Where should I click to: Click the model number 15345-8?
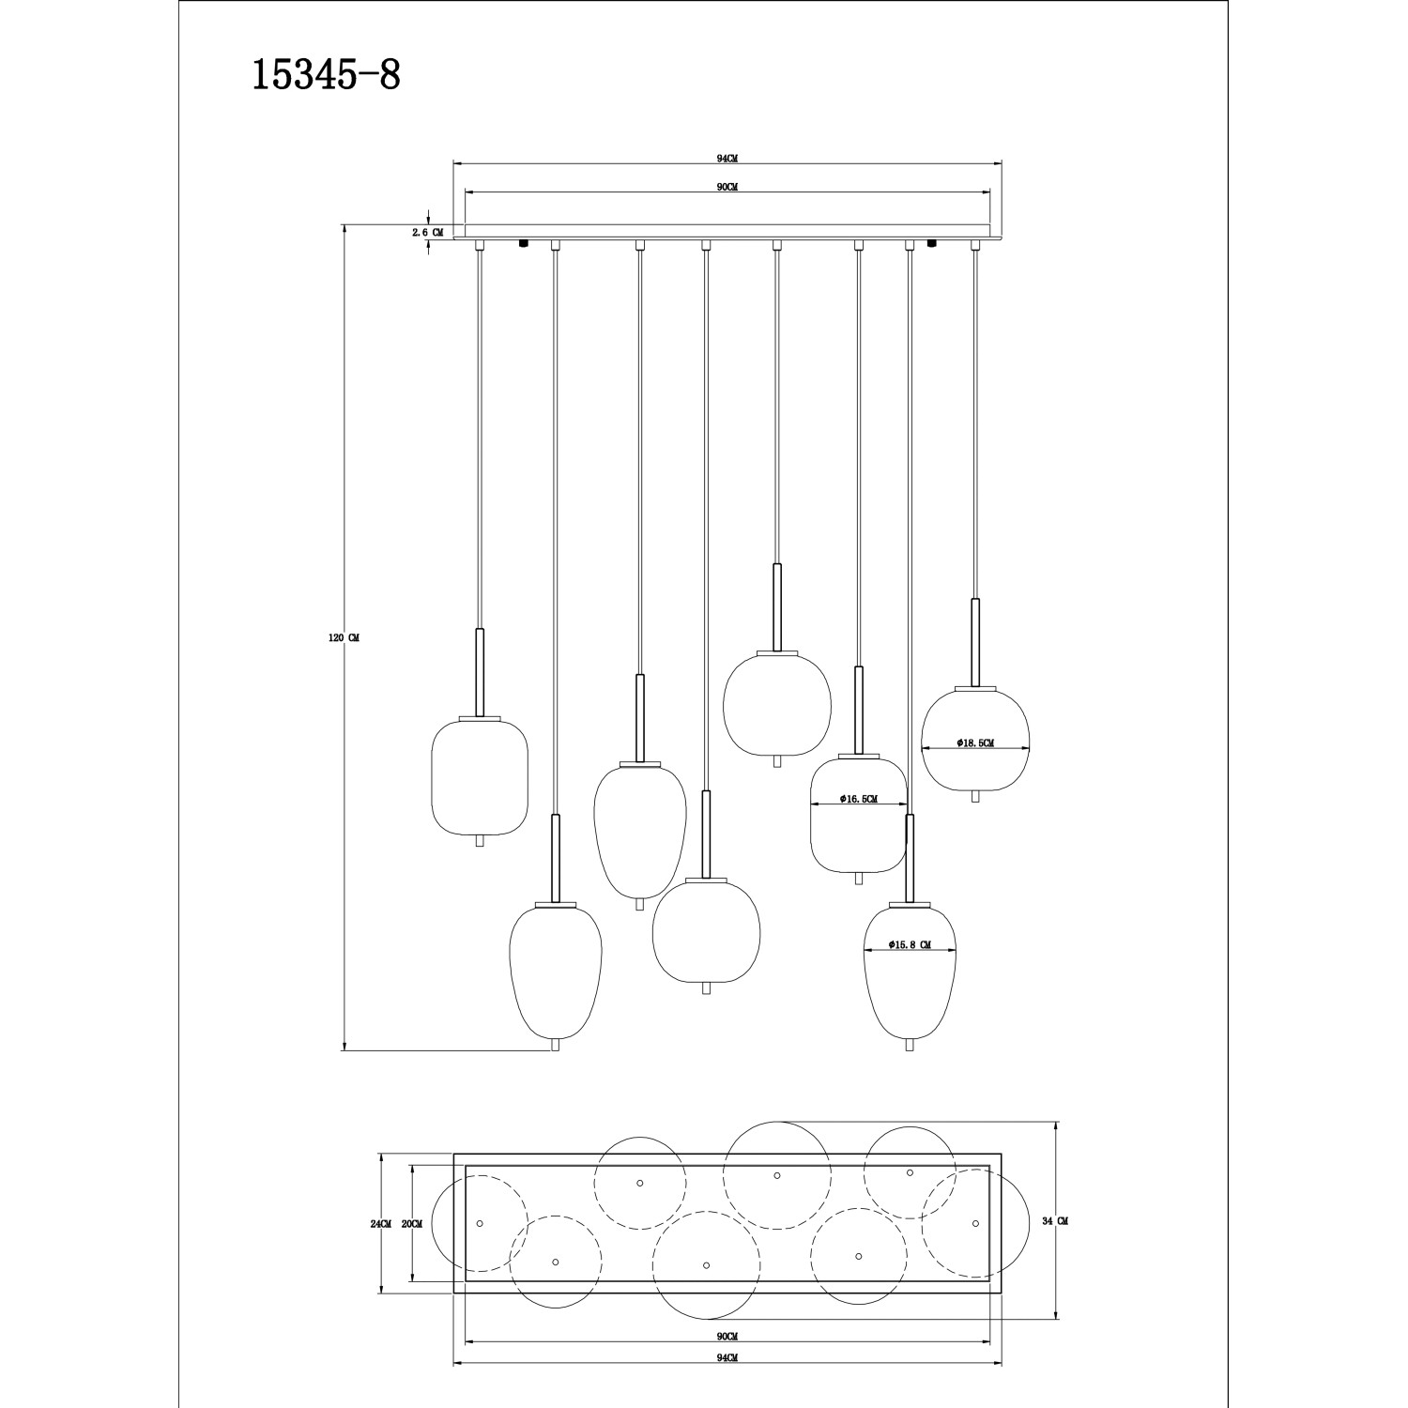pos(326,76)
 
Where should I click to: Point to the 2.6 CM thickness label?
pos(427,232)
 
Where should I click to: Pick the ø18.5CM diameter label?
pos(975,742)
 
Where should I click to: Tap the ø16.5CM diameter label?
pos(859,800)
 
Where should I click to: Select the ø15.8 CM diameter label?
pos(910,945)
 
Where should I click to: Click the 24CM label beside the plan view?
pos(380,1224)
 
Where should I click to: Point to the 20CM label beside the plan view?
pos(411,1224)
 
